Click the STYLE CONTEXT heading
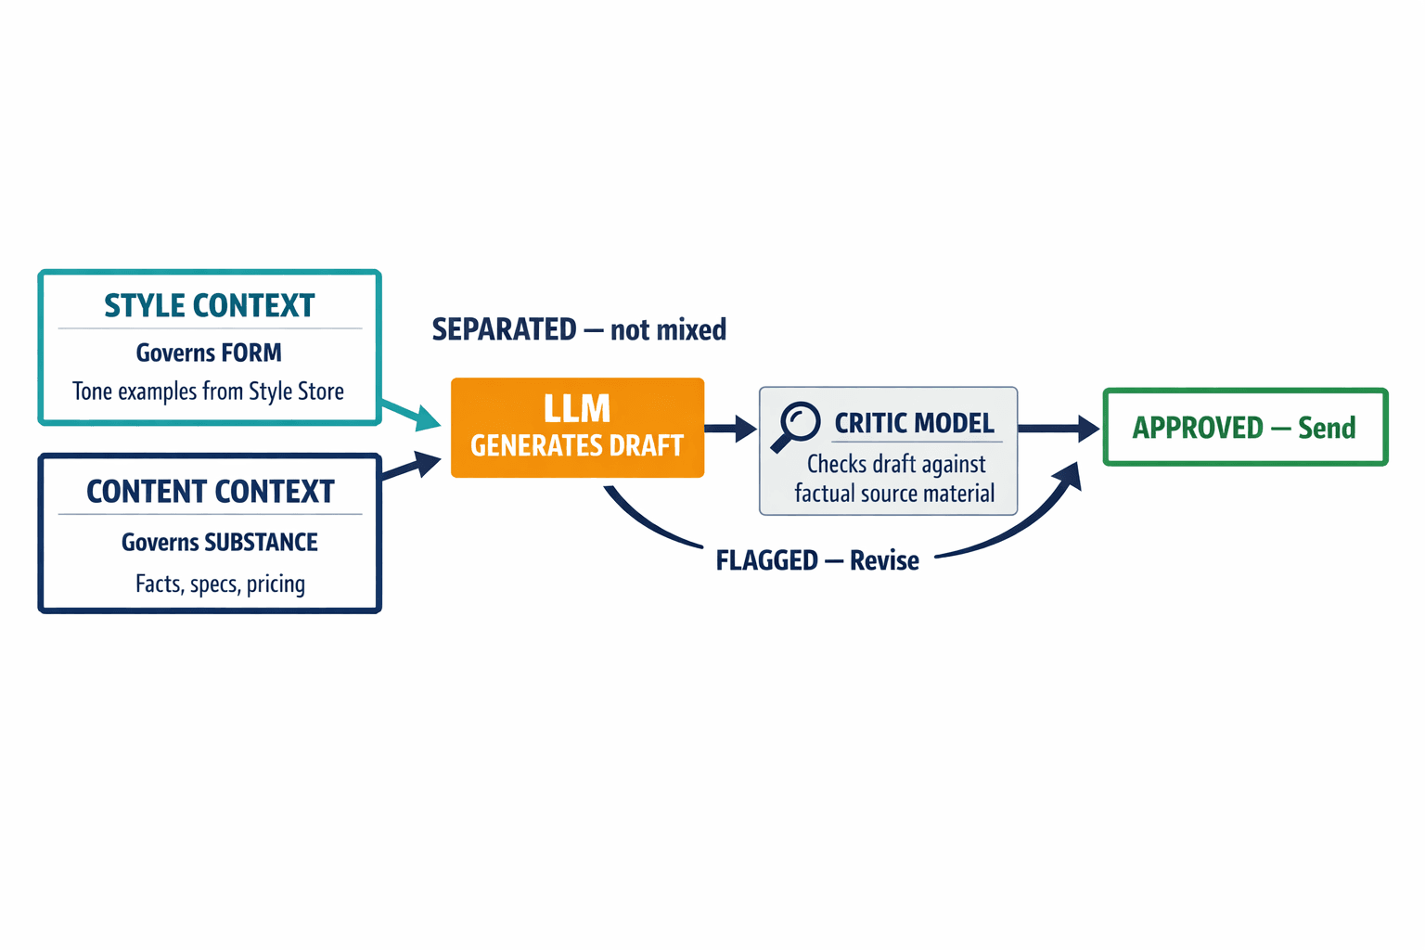coord(209,306)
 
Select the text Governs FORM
coord(209,353)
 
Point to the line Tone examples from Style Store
coord(208,392)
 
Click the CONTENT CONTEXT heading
coord(210,492)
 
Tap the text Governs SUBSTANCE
coord(219,543)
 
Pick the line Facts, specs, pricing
coord(220,584)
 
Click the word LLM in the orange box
coord(577,409)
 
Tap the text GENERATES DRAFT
coord(577,446)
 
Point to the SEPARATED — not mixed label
coord(579,330)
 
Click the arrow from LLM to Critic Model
coord(731,429)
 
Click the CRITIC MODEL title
coord(914,424)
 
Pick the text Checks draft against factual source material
coord(895,479)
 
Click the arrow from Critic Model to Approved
coord(1059,429)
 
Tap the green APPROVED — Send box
coord(1245,428)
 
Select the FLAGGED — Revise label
coord(817,561)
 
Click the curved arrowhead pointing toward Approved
coord(1069,478)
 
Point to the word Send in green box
coord(1327,428)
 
